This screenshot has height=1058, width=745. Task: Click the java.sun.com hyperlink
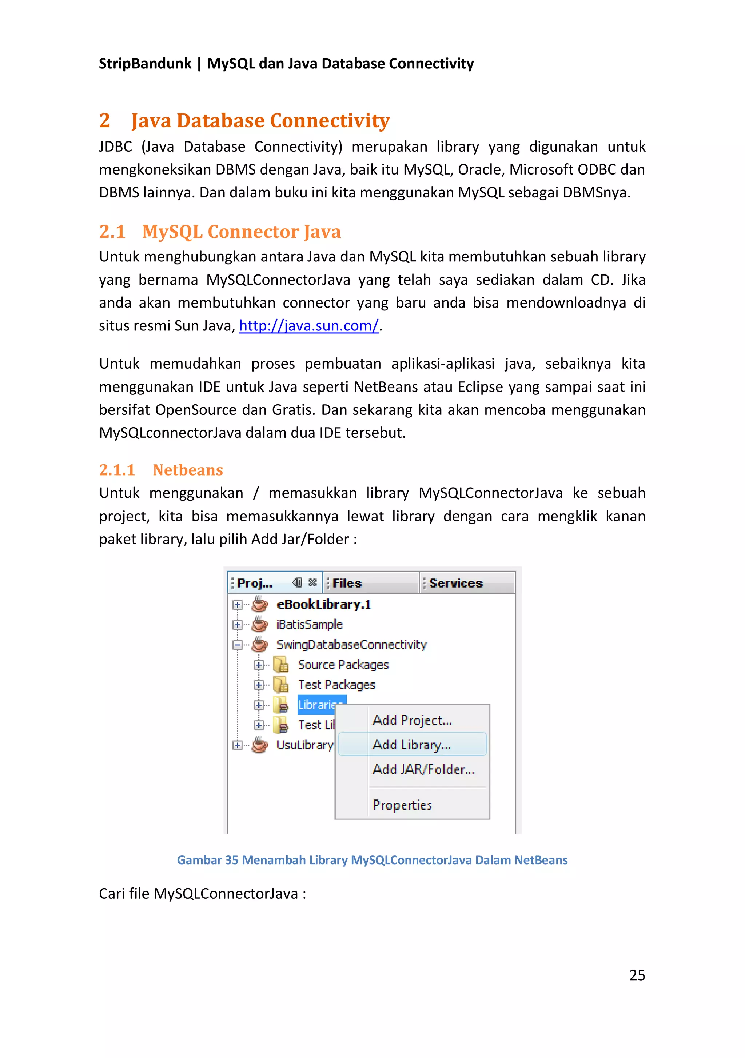(x=308, y=326)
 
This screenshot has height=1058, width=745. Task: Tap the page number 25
(x=637, y=975)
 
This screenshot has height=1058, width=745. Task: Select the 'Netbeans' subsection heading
(x=188, y=470)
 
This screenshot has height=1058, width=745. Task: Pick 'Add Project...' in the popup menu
(x=412, y=720)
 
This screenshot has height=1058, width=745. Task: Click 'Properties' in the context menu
(x=402, y=805)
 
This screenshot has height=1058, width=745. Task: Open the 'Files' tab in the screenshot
(x=347, y=583)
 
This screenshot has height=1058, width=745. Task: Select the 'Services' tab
(x=455, y=583)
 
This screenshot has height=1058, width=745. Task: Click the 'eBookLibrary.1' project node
(x=323, y=604)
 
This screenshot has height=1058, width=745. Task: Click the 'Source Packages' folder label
(x=343, y=665)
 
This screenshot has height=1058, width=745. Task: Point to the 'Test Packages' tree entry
(x=336, y=685)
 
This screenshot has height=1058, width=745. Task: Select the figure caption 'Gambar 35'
(x=207, y=860)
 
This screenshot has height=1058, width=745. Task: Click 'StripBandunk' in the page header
(x=145, y=63)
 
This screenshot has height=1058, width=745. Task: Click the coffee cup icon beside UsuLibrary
(x=260, y=745)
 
